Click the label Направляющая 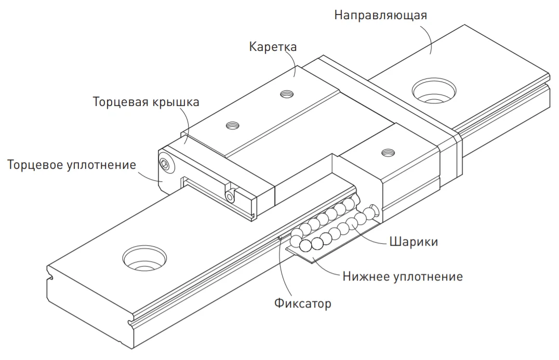380,15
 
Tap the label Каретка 273,47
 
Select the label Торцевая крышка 145,101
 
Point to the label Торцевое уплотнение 72,165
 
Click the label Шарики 413,242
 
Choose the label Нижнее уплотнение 403,276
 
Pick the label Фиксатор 302,303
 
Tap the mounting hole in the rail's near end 144,257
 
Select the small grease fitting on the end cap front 230,195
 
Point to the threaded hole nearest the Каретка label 285,94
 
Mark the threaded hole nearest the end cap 231,125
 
